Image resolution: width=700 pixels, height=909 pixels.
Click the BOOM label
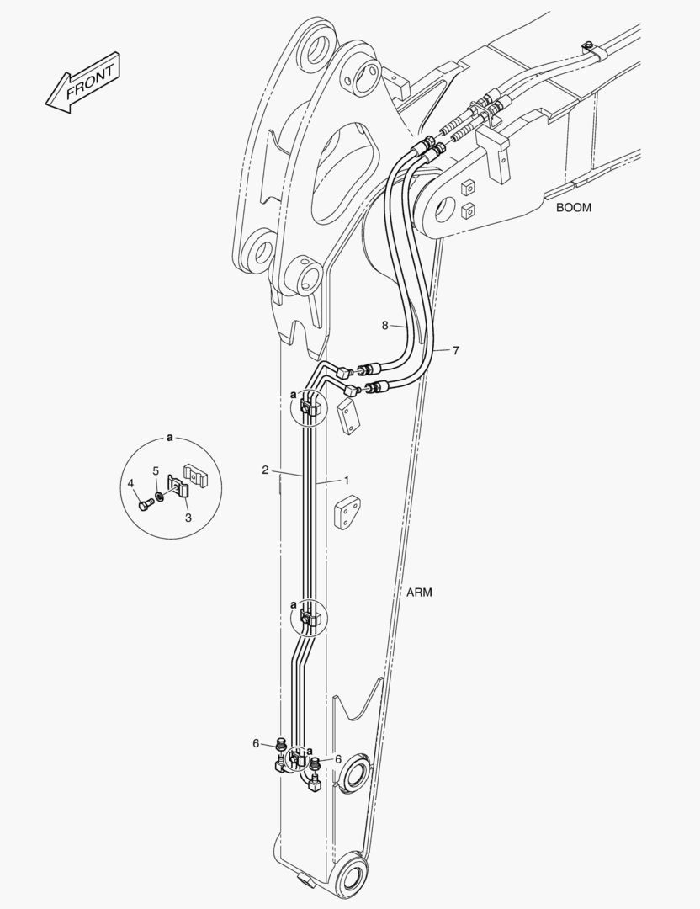tap(574, 208)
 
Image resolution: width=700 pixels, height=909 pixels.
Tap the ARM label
tap(419, 593)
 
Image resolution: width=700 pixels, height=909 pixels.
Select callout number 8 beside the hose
tap(384, 325)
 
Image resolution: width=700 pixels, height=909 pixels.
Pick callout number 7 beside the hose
tap(456, 350)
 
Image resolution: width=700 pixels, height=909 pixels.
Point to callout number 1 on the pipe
tap(347, 480)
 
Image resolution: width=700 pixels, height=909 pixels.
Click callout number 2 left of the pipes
tap(265, 470)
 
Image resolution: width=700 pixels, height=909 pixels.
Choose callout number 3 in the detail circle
tap(188, 518)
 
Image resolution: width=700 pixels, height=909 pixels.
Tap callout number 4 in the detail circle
tap(130, 483)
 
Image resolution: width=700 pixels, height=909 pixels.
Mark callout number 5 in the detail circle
tap(156, 470)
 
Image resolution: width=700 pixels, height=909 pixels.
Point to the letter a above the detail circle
tap(170, 437)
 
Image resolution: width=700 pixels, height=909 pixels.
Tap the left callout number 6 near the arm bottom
tap(256, 744)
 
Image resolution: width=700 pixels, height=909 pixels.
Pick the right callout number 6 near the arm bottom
tap(338, 759)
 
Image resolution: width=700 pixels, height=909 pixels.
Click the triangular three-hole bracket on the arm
tap(347, 512)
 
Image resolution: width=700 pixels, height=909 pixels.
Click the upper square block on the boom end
tap(468, 187)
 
